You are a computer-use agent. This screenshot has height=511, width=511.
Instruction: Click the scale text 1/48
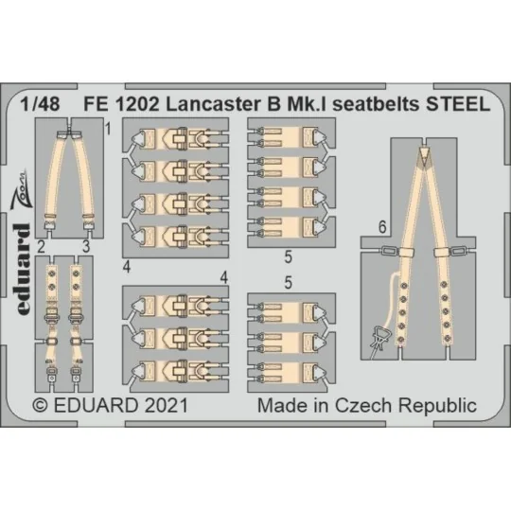click(48, 108)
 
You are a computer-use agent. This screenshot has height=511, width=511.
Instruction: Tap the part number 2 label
click(42, 247)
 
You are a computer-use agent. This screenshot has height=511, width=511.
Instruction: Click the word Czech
click(363, 405)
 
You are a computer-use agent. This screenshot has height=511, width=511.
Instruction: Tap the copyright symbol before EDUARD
click(40, 405)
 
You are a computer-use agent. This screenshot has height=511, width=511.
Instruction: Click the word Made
click(280, 405)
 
